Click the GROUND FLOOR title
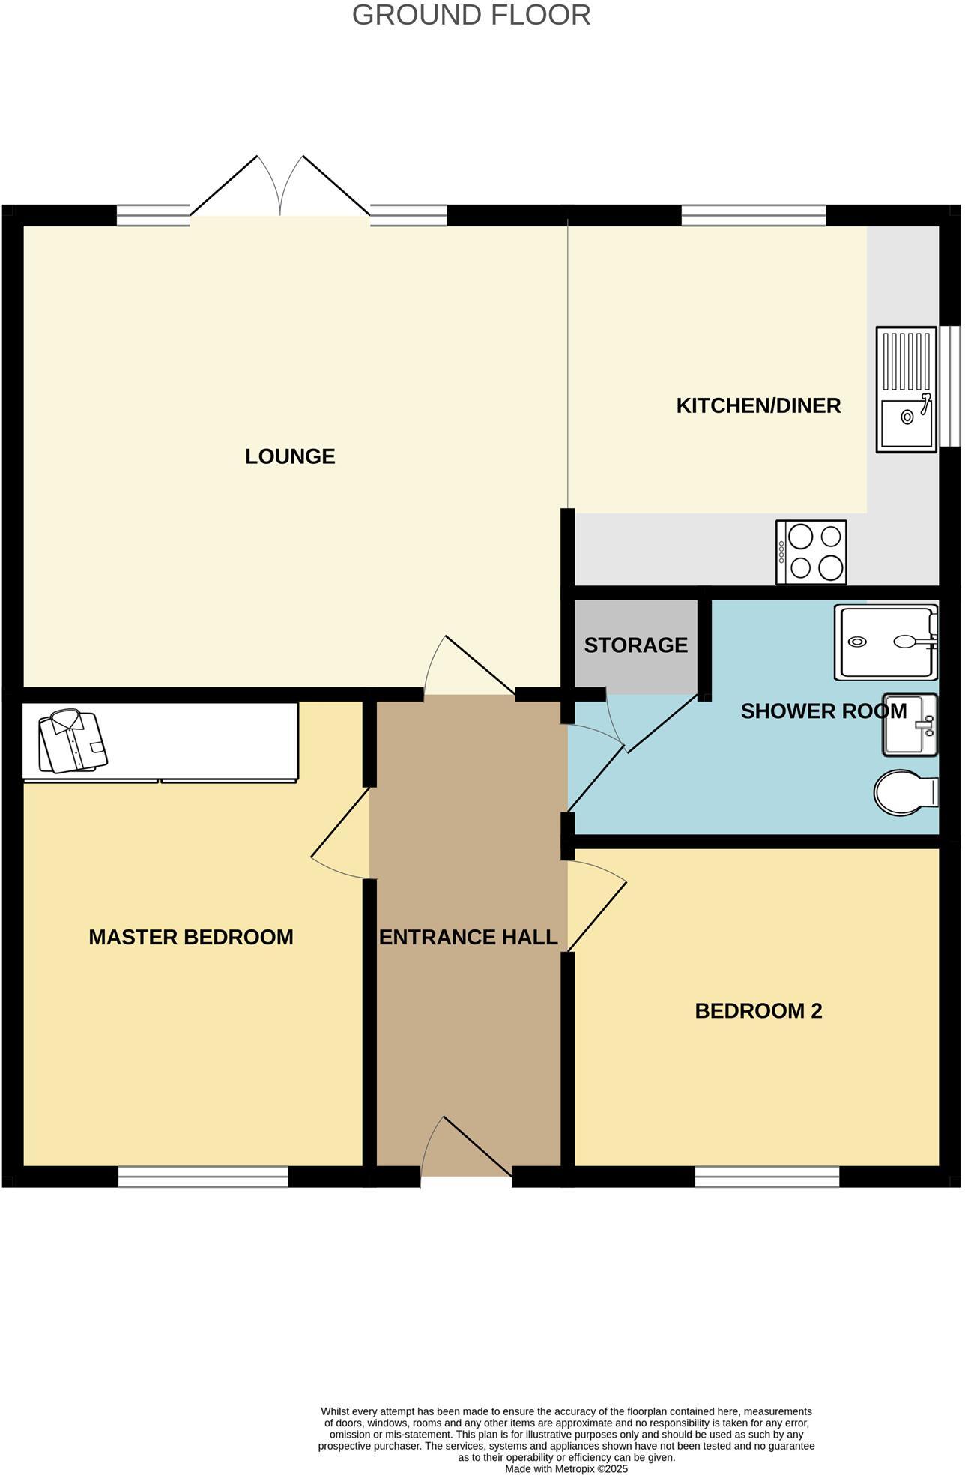coord(471,16)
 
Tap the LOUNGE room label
coord(290,456)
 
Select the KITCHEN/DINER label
coord(758,405)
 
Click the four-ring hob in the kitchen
coord(811,552)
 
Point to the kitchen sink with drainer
coord(907,389)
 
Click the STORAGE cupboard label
coord(635,645)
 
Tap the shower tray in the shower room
coord(886,642)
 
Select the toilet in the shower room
coord(904,792)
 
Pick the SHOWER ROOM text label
coord(823,711)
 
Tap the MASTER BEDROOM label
coord(191,937)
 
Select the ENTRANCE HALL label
coord(468,937)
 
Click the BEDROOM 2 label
coord(758,1010)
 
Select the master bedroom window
coord(203,1176)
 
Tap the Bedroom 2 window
coord(767,1176)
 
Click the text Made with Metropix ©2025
coord(566,1468)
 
